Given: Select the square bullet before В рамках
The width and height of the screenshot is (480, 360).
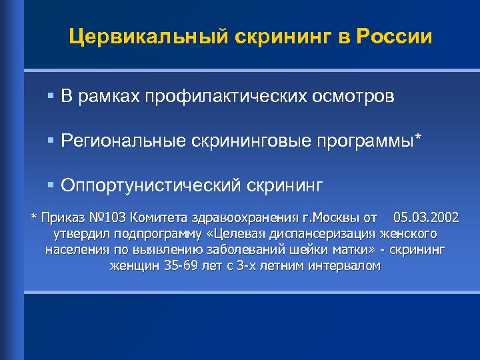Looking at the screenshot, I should [x=51, y=97].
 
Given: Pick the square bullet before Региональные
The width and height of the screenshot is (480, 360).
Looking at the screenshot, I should [x=51, y=140].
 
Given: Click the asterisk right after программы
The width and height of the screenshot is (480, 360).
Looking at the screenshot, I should [x=419, y=138].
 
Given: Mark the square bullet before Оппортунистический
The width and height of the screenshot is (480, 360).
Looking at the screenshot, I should [x=51, y=184].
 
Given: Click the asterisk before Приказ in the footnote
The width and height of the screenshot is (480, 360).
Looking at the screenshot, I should [x=35, y=218].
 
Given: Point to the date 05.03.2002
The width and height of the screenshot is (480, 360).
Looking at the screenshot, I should [x=426, y=218].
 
